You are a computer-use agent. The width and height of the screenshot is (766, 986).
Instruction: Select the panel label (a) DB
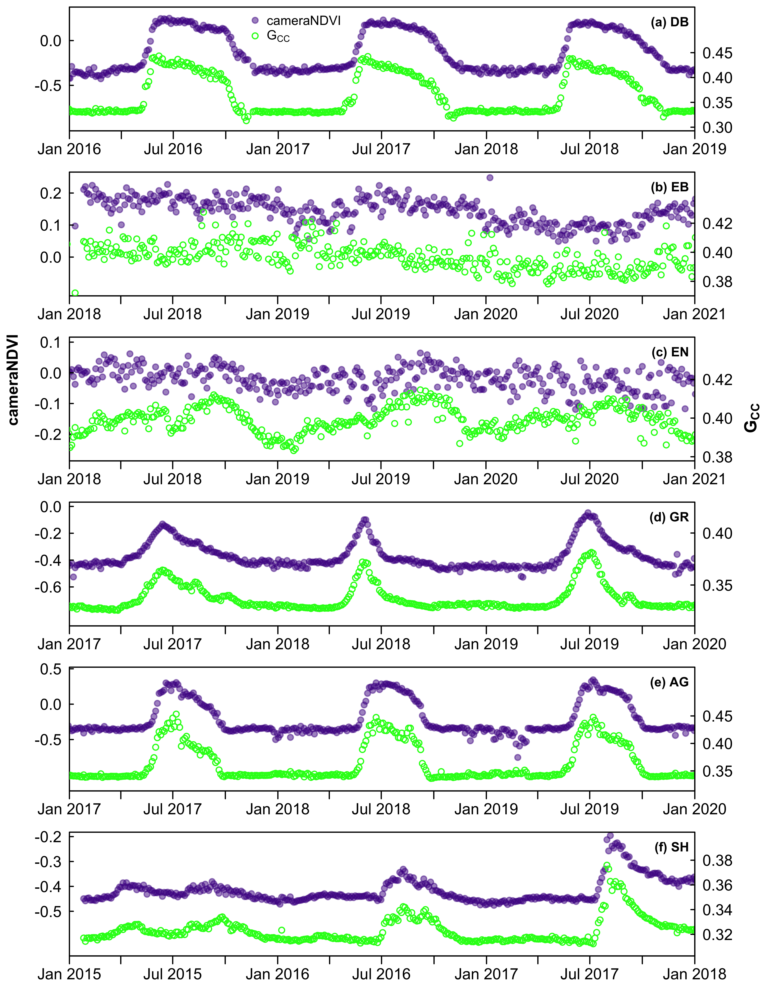669,22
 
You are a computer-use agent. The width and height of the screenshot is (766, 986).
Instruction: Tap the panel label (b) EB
669,187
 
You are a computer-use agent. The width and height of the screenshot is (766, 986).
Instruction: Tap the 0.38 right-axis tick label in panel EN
717,457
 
